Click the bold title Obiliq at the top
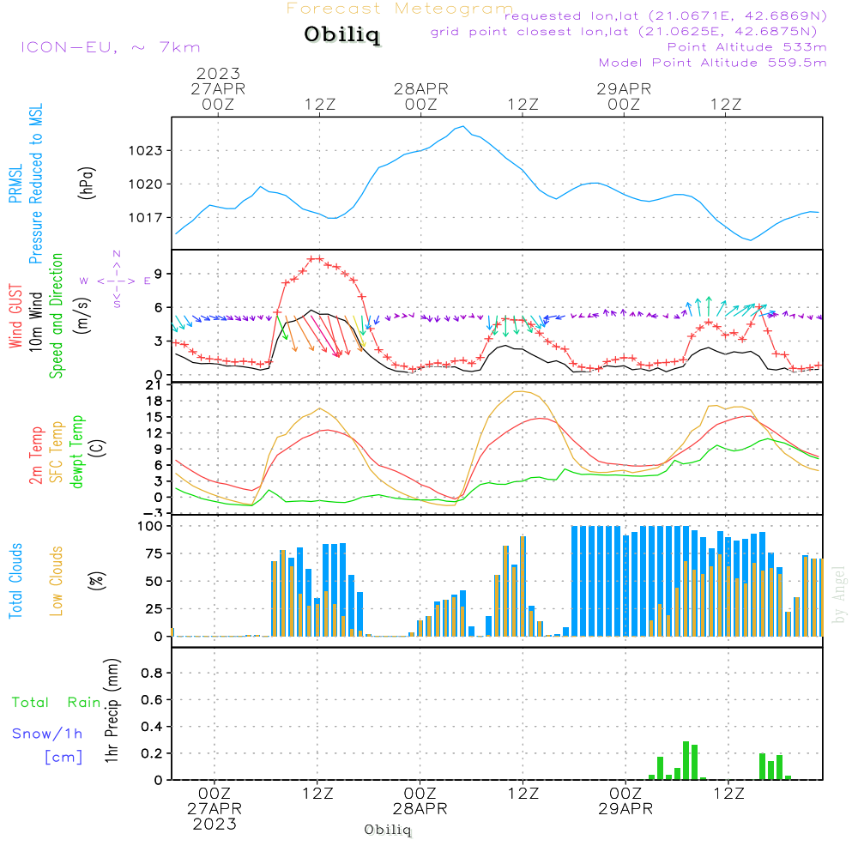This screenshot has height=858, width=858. click(341, 36)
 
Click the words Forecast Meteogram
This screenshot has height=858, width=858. click(400, 9)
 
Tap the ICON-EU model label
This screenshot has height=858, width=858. click(110, 47)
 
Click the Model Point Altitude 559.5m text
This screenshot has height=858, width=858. click(712, 63)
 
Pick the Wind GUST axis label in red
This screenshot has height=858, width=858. click(16, 317)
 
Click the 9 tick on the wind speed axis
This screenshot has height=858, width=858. click(160, 273)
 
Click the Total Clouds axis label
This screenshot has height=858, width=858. click(16, 581)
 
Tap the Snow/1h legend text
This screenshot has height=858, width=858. click(47, 734)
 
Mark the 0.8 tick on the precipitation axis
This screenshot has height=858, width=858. click(151, 674)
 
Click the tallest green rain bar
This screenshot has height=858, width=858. click(686, 760)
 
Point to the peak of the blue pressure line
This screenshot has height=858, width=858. click(464, 126)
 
